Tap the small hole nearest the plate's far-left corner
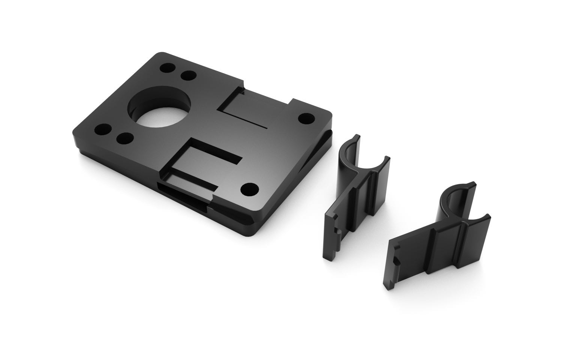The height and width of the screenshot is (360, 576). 167,69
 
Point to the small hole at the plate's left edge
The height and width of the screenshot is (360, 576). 103,131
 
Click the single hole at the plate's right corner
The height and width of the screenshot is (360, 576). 307,118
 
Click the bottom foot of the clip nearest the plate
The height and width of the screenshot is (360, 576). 330,257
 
